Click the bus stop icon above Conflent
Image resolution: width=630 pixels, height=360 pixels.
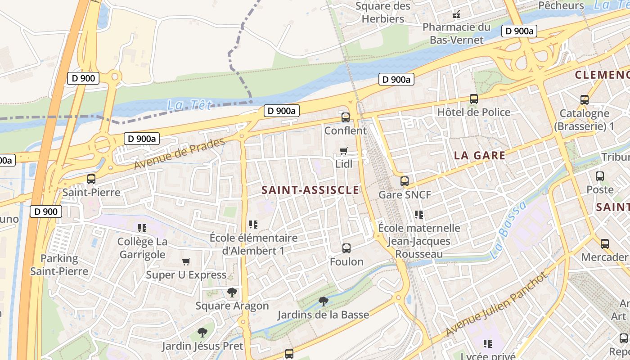pos(346,117)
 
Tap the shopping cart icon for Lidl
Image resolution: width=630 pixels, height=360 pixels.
pos(344,151)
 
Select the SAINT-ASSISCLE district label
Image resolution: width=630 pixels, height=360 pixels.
pos(310,190)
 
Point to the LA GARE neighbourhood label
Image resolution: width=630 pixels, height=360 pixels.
pos(480,156)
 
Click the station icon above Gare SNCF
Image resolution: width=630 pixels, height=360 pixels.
pos(405,181)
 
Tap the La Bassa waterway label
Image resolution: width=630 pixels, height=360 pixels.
pos(508,230)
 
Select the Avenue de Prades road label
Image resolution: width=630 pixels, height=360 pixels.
pos(179,154)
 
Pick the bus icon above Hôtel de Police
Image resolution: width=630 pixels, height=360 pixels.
pos(473,99)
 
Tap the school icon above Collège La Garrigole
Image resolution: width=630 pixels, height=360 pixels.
pos(142,228)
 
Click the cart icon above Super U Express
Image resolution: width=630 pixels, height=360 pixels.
pos(186,261)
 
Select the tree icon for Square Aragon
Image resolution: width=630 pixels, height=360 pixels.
pos(232,293)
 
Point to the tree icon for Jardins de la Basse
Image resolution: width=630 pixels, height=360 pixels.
pos(323,301)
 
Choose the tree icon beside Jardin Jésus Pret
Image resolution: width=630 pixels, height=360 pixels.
pos(202,333)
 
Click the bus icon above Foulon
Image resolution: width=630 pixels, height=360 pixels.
pos(346,248)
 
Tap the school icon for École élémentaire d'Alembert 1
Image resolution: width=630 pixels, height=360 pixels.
pos(253,224)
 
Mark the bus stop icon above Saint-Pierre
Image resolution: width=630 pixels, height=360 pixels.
pos(91,179)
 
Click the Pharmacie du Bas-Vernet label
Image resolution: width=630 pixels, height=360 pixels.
pos(456,33)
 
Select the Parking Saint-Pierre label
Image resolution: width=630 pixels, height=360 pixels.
pos(59,265)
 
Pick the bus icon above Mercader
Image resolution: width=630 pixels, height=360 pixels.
pos(605,244)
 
